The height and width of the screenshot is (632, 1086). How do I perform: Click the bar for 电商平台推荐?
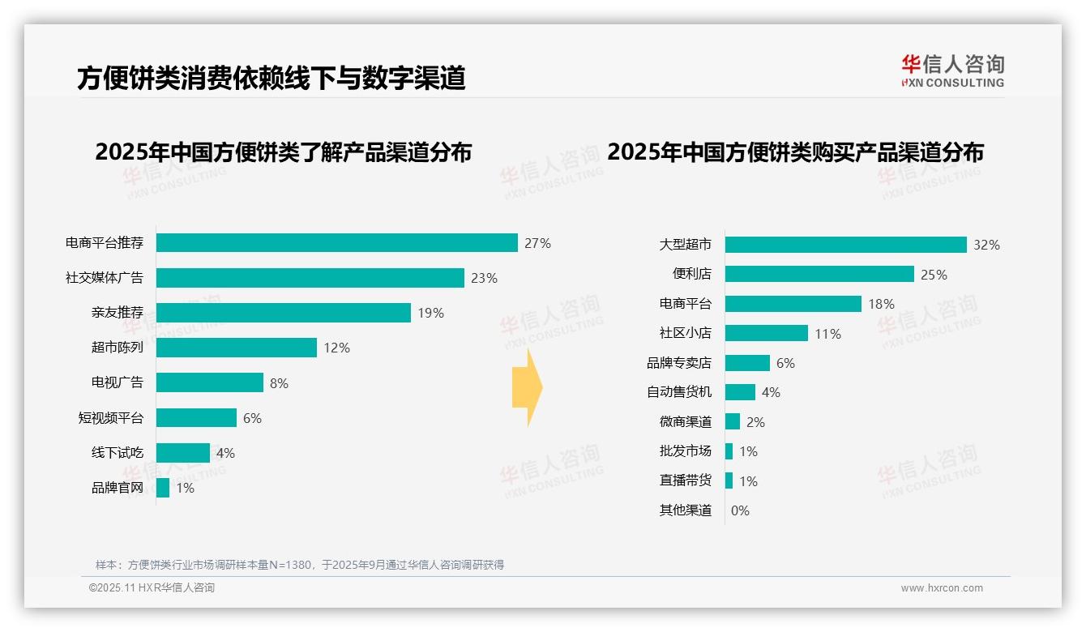pos(336,243)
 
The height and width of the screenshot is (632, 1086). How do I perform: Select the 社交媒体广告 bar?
pos(310,278)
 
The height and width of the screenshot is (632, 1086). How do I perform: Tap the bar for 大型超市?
pos(845,245)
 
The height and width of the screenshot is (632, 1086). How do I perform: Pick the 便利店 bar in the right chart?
pos(819,274)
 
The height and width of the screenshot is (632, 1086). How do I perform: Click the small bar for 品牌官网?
pos(163,488)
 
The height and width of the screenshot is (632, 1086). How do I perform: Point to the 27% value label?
pos(537,243)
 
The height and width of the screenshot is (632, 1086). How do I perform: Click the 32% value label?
pos(986,245)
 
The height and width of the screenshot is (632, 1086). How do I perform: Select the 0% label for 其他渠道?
pos(740,510)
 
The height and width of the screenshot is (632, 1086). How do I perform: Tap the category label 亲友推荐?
pos(117,313)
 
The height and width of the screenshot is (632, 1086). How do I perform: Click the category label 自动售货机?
pos(678,392)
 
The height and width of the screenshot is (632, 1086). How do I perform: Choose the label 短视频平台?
pos(110,418)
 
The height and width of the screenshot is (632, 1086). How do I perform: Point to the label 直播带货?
pos(685,480)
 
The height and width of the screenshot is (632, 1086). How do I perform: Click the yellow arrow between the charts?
pos(527,388)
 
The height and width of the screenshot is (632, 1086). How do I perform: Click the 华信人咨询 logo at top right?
pos(952,70)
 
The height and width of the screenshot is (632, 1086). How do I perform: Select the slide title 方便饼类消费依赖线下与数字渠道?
pos(271,78)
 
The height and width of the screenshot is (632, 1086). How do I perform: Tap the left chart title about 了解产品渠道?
pos(283,152)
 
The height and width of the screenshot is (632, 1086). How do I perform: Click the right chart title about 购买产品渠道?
pos(795,152)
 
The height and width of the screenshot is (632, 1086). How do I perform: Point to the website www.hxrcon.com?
pos(942,588)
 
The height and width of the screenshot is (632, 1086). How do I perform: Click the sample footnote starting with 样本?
pos(300,565)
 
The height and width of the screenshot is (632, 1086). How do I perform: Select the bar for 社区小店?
pos(766,333)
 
